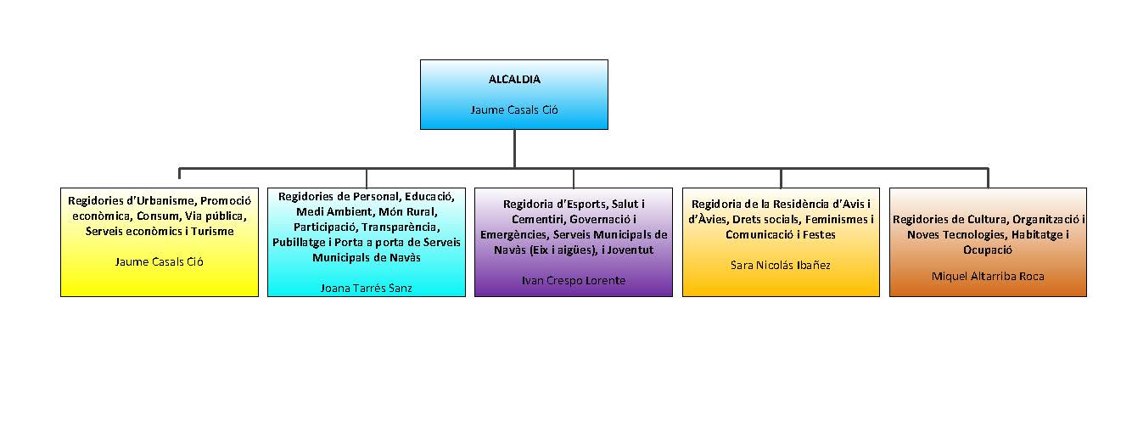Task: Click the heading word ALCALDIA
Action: coord(514,80)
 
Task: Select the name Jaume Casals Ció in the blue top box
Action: coord(514,109)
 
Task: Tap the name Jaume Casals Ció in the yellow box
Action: coord(160,261)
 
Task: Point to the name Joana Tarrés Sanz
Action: coord(366,288)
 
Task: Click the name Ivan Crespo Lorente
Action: coord(573,280)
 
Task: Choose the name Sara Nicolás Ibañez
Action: coord(780,265)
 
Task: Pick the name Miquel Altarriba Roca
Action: coord(988,276)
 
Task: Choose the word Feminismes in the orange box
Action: coord(837,219)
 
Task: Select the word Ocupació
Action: coord(988,250)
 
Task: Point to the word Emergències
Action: coord(513,234)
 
